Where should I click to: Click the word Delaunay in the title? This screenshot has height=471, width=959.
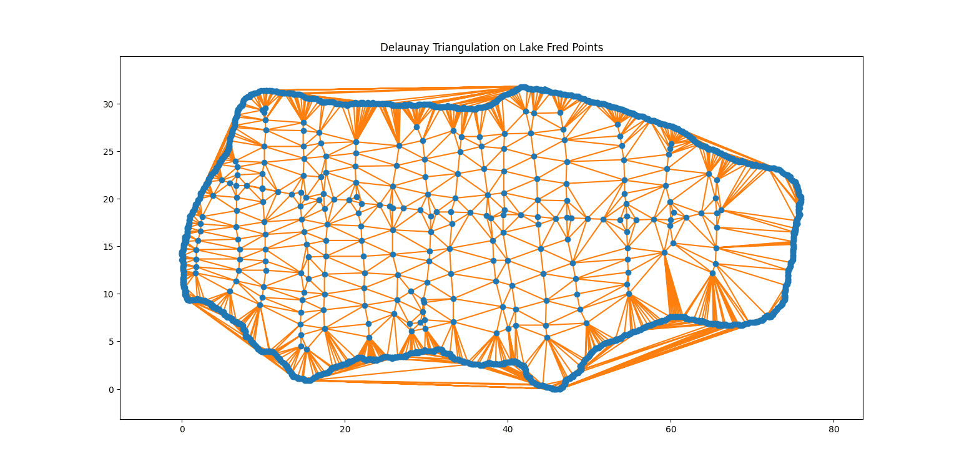[401, 47]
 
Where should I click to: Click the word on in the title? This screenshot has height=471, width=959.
[504, 47]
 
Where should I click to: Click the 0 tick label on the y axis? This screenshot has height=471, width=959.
[111, 389]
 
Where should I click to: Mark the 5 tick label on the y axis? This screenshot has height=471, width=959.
[111, 342]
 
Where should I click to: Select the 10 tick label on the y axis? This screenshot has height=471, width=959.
[108, 294]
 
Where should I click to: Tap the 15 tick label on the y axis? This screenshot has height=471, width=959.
[108, 247]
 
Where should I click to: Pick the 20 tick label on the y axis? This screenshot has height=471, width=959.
[108, 199]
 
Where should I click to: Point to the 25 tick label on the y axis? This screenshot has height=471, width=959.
[108, 152]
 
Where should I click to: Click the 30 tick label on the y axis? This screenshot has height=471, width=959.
[108, 104]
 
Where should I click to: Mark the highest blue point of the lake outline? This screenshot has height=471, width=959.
[523, 87]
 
